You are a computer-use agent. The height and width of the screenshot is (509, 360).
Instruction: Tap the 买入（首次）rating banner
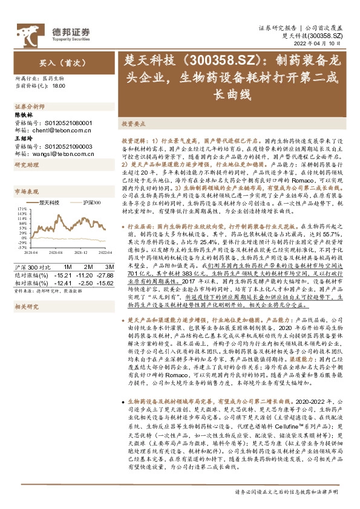tap(55, 62)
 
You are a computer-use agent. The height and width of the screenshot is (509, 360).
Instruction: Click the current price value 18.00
tap(59, 86)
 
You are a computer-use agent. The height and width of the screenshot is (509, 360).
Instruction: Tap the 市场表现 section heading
tap(24, 191)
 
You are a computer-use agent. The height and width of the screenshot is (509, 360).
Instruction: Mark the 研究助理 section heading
tap(24, 165)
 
